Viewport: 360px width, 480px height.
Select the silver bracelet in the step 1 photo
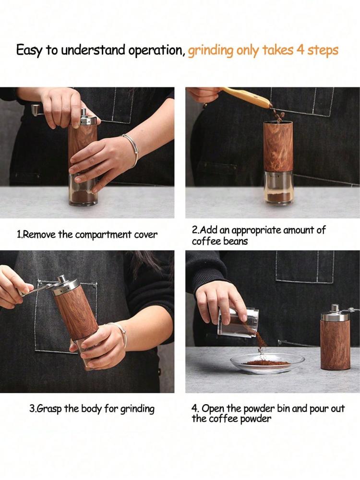coord(132,150)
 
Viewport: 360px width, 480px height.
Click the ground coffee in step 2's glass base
coord(278,198)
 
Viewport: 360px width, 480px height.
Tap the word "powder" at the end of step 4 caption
coord(256,419)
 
